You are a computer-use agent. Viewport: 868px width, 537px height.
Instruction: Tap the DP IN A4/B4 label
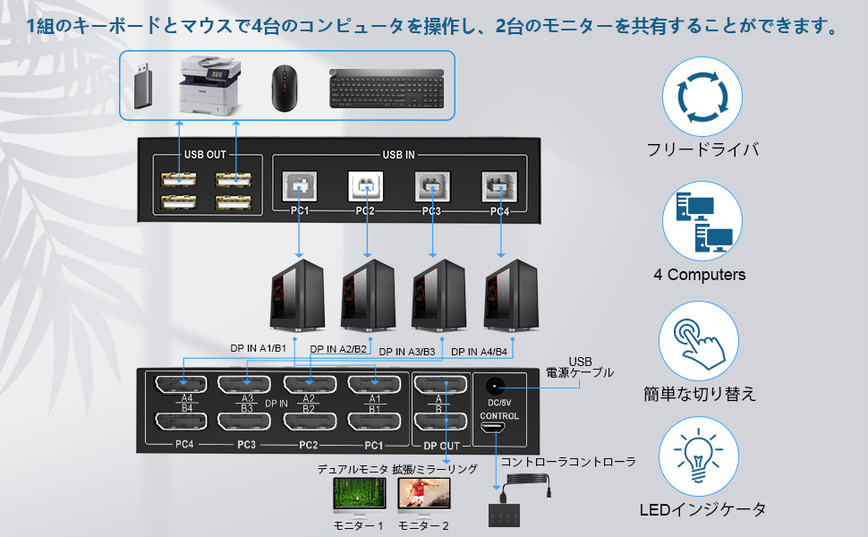[479, 352]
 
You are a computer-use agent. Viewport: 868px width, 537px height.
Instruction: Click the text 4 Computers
[699, 275]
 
